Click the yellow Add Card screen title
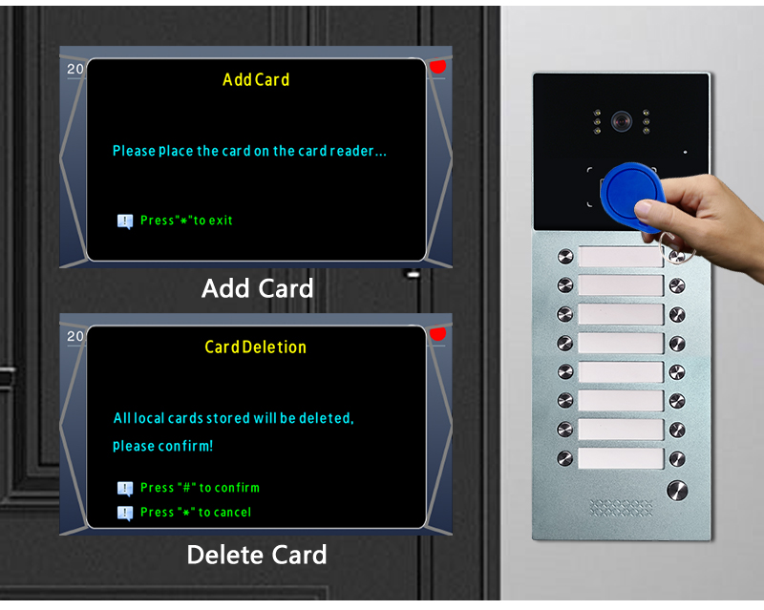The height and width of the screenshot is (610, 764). point(256,79)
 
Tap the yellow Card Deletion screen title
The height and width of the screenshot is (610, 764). point(255,347)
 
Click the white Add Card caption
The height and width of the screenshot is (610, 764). point(257,288)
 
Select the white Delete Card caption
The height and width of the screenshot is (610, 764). point(257,555)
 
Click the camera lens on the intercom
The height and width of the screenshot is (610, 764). point(622,121)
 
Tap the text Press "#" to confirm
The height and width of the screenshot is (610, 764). point(200,488)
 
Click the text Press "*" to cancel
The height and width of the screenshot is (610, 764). point(196,512)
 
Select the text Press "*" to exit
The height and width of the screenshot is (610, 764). point(186,221)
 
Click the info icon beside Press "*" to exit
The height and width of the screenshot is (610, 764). point(125,221)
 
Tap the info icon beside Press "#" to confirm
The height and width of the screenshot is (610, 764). point(125,489)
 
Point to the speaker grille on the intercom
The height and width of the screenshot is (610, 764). point(621,507)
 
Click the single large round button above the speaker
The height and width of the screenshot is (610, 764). point(677,491)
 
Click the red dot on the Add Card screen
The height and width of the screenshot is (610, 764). point(437,66)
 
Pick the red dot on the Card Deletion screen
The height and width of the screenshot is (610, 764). point(437,334)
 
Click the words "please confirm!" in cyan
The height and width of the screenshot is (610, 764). point(162,446)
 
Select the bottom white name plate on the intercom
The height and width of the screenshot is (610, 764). point(620,458)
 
